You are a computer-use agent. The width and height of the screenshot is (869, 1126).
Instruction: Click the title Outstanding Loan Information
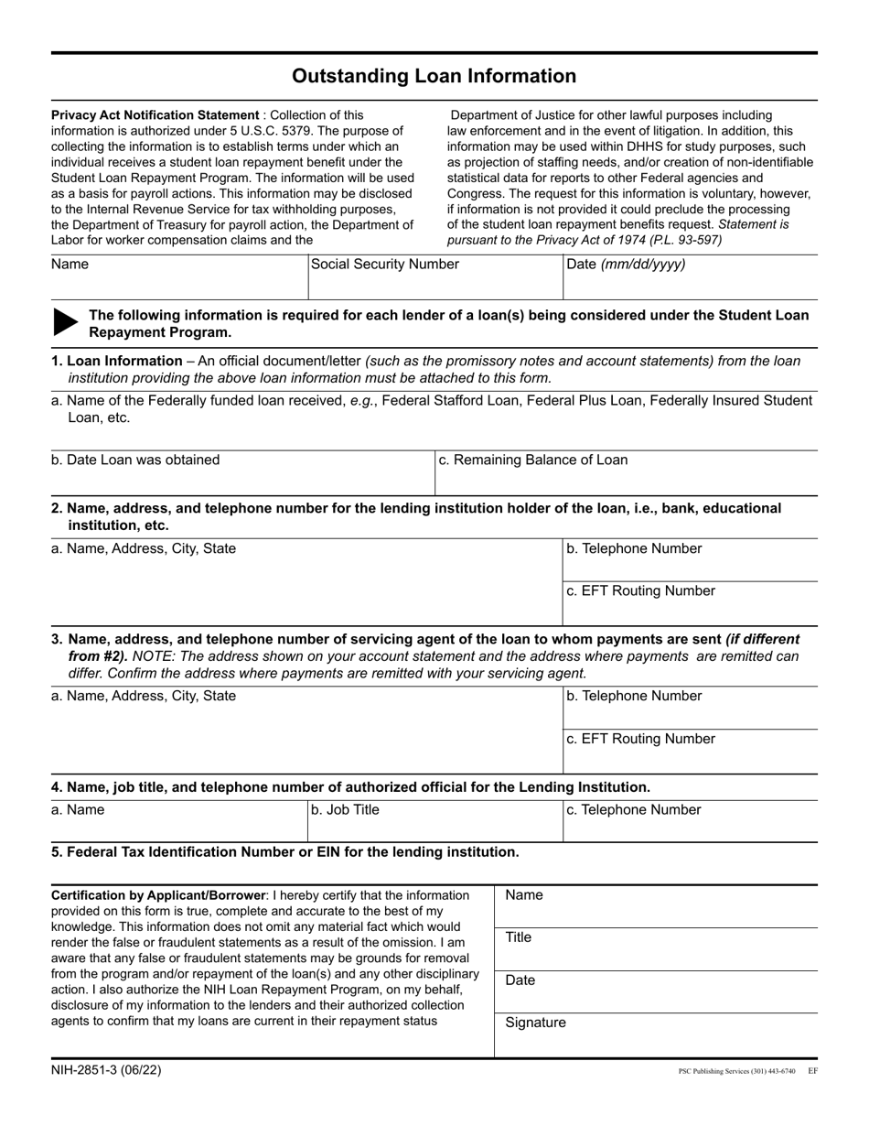click(x=434, y=76)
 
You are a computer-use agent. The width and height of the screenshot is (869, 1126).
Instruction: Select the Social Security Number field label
click(x=385, y=265)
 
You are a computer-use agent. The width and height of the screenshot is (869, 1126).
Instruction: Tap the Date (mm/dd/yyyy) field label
click(x=626, y=265)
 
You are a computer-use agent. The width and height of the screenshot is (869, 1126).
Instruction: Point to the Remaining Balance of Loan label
click(x=533, y=460)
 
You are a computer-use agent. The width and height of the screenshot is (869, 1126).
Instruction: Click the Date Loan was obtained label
click(x=135, y=460)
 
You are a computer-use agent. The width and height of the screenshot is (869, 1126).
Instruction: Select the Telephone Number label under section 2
click(x=634, y=548)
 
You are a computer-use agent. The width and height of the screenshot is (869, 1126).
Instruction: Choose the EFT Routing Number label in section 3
click(x=640, y=739)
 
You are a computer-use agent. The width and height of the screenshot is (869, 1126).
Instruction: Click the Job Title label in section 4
click(x=345, y=809)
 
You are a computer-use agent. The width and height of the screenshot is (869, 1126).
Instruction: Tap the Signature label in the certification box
click(x=535, y=1023)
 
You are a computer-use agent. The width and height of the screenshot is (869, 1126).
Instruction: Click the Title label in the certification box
click(x=518, y=937)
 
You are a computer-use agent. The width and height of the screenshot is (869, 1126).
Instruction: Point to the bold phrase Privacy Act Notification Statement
click(x=156, y=115)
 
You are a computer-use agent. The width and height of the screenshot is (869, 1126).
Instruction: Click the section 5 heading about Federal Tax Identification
click(x=284, y=851)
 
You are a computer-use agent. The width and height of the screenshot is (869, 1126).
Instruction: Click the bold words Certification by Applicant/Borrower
click(x=159, y=894)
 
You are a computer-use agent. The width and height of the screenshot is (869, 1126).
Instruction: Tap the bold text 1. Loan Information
click(x=116, y=361)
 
